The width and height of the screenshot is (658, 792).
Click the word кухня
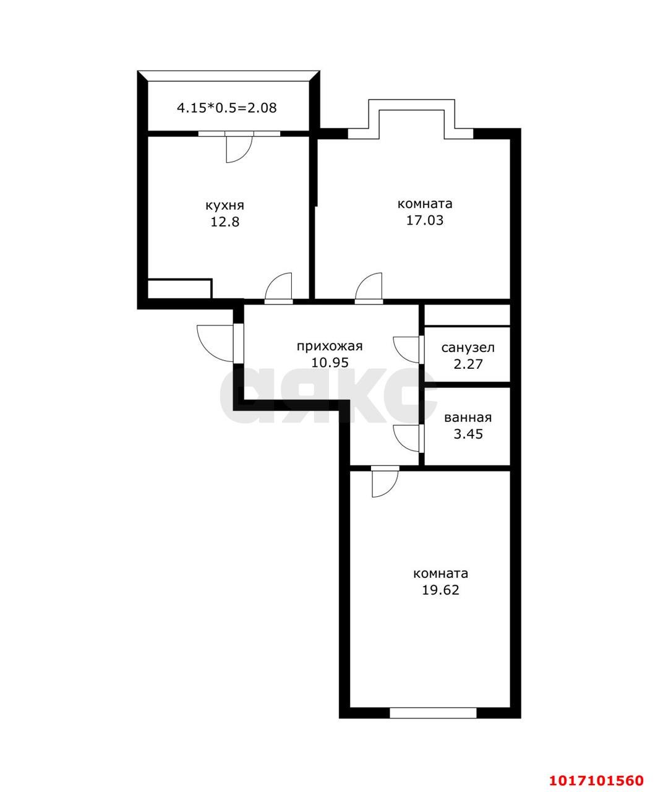[x=224, y=205]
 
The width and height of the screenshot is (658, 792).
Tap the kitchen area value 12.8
[x=224, y=222]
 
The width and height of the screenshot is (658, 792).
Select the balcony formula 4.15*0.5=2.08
[x=227, y=108]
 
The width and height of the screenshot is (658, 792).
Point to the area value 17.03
[x=424, y=220]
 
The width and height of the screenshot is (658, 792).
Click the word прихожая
[x=330, y=346]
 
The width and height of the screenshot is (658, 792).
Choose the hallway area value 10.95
[x=330, y=363]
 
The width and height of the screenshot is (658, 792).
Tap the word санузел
[x=468, y=348]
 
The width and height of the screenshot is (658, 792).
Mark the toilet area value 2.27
[x=468, y=364]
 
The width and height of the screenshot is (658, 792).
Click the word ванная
[x=468, y=418]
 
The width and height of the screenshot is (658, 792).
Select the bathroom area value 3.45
[x=468, y=434]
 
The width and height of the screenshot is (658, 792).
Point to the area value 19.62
[x=440, y=590]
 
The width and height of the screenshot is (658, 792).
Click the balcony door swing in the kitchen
[x=238, y=149]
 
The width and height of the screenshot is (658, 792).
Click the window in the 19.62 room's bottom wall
[x=433, y=713]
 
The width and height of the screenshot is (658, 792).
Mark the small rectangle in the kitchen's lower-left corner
[x=179, y=288]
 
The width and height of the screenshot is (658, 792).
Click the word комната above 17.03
[x=424, y=204]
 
